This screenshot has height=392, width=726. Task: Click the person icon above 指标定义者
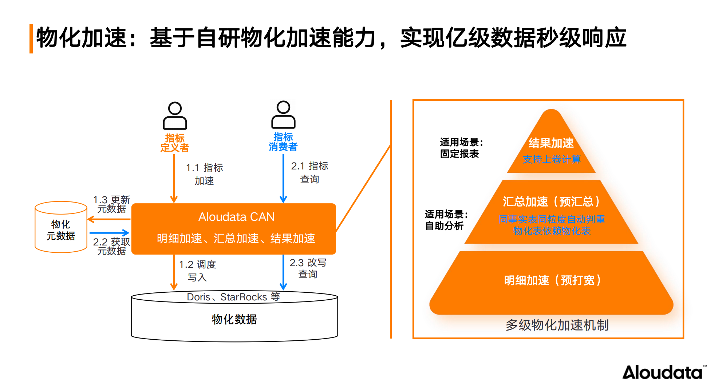point(175,116)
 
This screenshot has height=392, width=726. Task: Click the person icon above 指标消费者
point(283,115)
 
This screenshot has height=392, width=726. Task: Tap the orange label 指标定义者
point(175,143)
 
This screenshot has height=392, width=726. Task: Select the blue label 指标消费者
point(283,142)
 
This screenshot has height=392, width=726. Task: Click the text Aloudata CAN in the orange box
point(236,217)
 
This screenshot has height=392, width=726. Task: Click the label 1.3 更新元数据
point(111,204)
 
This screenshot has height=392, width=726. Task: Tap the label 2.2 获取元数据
point(111,246)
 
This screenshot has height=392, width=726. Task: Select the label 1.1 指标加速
point(204,174)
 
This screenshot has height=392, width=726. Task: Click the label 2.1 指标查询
point(309,172)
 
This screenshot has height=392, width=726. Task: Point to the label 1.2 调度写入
point(197,271)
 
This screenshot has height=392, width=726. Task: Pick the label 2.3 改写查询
point(308,268)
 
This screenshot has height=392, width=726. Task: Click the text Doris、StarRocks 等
point(233,297)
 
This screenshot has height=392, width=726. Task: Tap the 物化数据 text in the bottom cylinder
point(234,319)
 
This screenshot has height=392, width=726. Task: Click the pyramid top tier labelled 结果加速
point(551,143)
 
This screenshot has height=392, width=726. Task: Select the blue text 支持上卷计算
point(552,159)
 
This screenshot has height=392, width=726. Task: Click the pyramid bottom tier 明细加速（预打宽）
point(552,280)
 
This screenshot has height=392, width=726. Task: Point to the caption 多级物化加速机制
point(557,325)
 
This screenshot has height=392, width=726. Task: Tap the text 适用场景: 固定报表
point(461,148)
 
